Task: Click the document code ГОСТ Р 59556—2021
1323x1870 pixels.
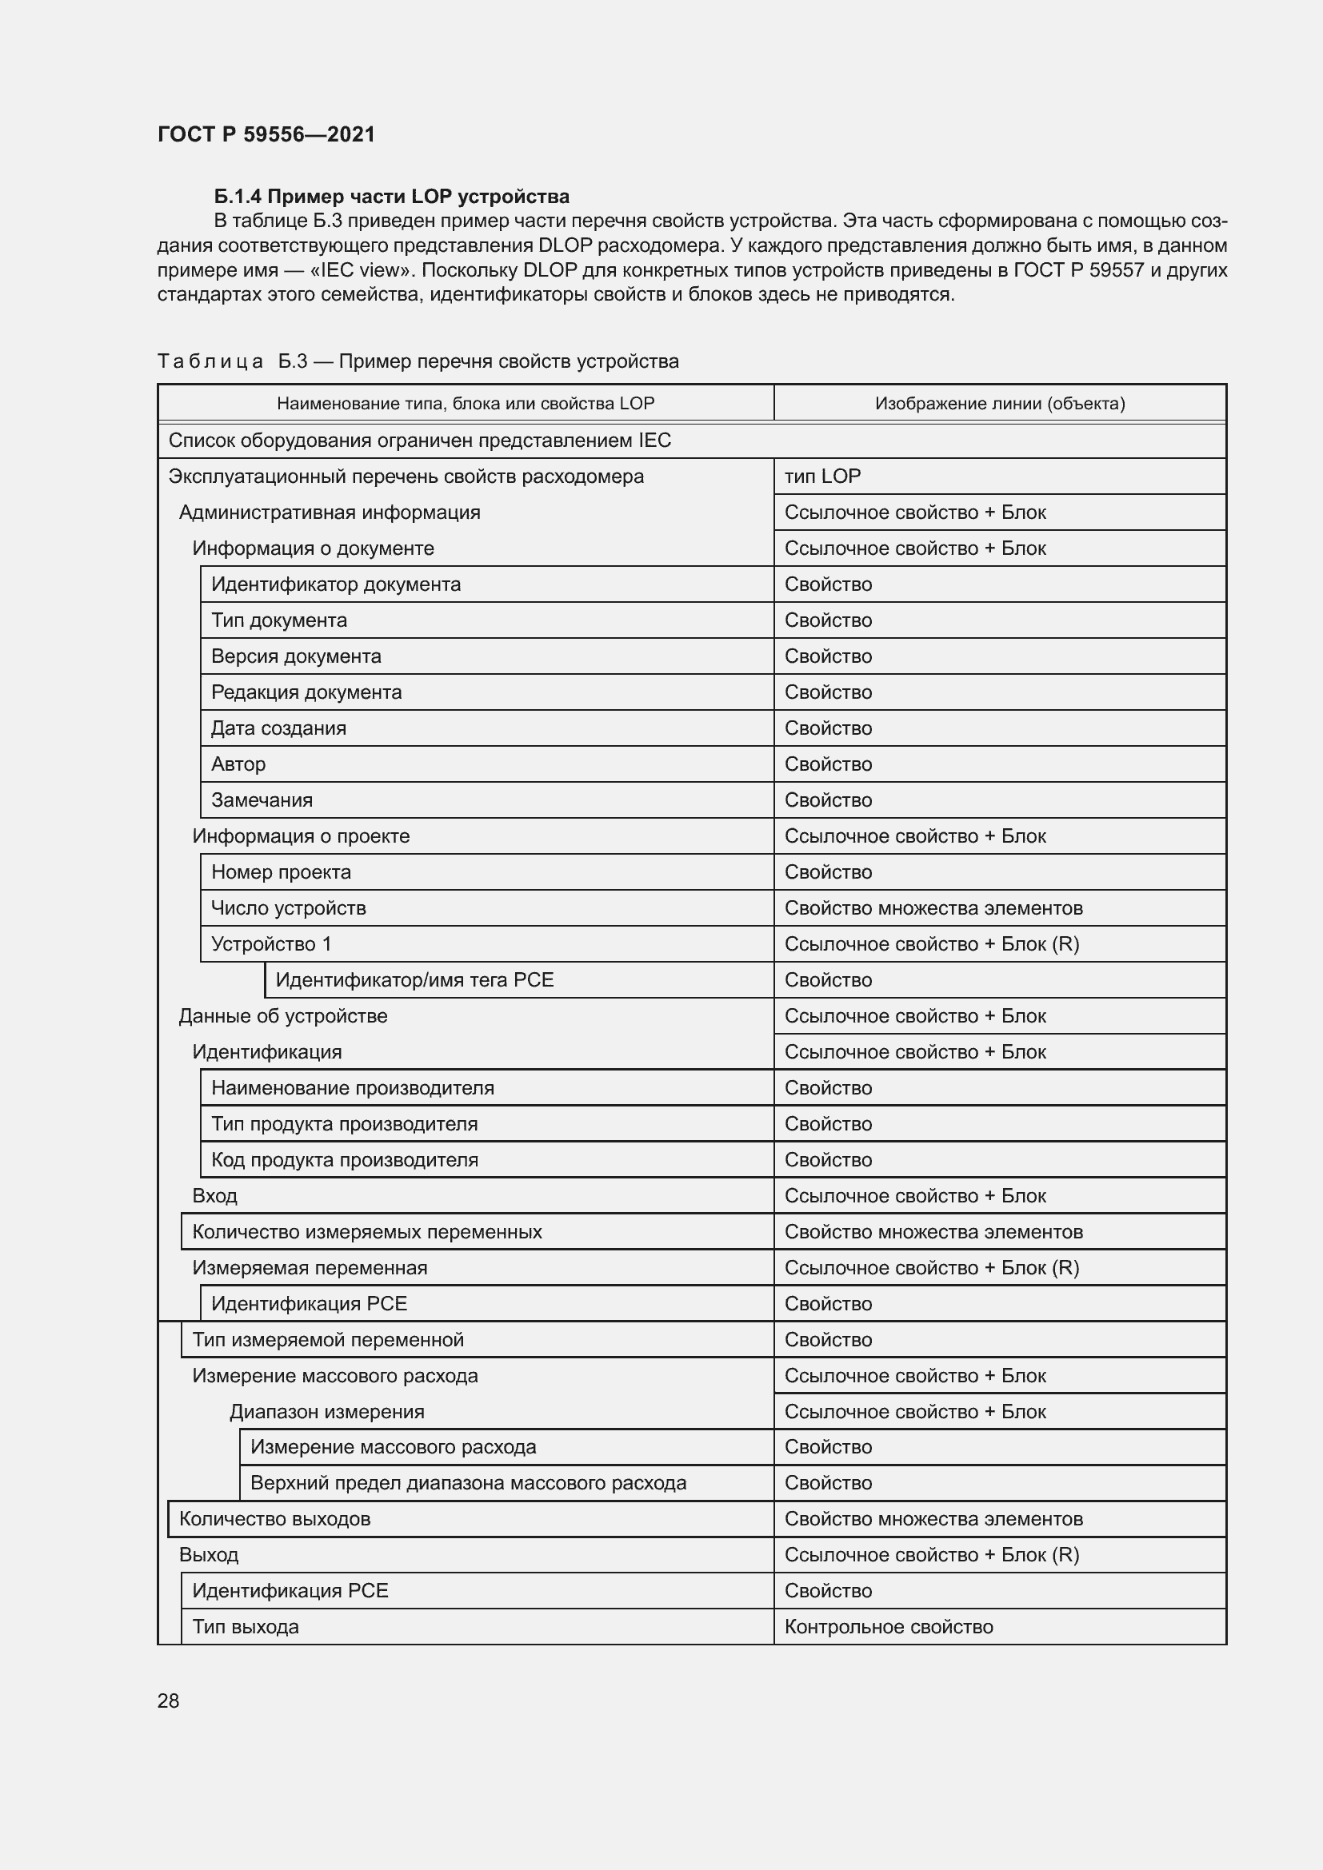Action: pyautogui.click(x=266, y=134)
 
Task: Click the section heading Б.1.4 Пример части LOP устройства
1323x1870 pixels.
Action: pyautogui.click(x=391, y=197)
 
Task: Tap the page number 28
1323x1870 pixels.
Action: pyautogui.click(x=168, y=1701)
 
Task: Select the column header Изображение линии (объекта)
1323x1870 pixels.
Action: pyautogui.click(x=1000, y=403)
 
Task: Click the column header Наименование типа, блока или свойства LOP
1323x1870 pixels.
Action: pyautogui.click(x=466, y=403)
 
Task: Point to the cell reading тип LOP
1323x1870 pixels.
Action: pyautogui.click(x=822, y=476)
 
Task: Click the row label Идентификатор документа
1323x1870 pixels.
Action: pyautogui.click(x=336, y=584)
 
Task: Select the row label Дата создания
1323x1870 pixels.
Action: pyautogui.click(x=278, y=728)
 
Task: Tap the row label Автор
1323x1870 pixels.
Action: pyautogui.click(x=238, y=764)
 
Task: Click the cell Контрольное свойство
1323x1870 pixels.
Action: pyautogui.click(x=888, y=1626)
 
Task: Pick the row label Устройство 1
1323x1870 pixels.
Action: pyautogui.click(x=271, y=944)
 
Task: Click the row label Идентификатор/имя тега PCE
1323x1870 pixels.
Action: pyautogui.click(x=414, y=980)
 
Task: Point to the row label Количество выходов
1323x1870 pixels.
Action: pyautogui.click(x=274, y=1519)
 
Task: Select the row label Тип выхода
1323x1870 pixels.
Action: pyautogui.click(x=246, y=1626)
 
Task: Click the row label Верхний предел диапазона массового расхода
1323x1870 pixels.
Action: pyautogui.click(x=468, y=1483)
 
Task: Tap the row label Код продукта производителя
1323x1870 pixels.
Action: pyautogui.click(x=345, y=1160)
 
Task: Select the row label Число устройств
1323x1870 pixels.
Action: pyautogui.click(x=289, y=908)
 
